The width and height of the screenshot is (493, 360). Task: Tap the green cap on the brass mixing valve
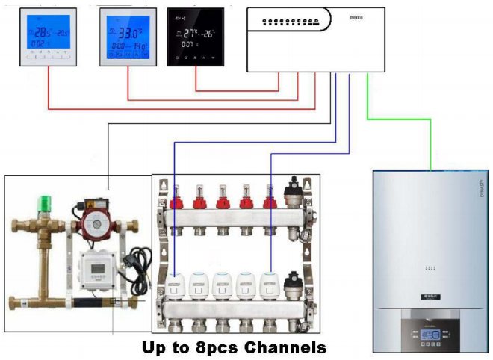pyautogui.click(x=44, y=201)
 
